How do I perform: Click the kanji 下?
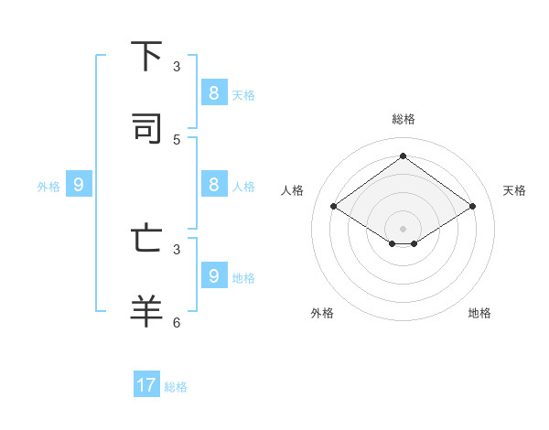tap(147, 56)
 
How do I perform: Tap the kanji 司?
tap(147, 129)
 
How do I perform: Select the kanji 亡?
tap(147, 239)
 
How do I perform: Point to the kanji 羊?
tap(147, 309)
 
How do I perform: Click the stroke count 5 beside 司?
tap(177, 139)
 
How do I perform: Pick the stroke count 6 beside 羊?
tap(177, 322)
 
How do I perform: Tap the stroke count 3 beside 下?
tap(177, 67)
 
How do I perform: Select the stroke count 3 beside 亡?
tap(177, 249)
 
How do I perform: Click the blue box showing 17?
tap(146, 385)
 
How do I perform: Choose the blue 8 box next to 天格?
tap(213, 92)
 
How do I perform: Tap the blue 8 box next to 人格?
tap(213, 184)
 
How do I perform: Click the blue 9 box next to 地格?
tap(213, 275)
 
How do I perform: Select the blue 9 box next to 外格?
tap(79, 184)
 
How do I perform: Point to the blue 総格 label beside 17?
tap(176, 387)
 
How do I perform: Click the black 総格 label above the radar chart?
tap(404, 119)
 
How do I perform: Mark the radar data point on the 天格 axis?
tap(472, 207)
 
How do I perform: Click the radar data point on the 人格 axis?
tap(334, 207)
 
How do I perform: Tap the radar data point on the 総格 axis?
tap(403, 156)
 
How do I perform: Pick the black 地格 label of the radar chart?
tap(479, 313)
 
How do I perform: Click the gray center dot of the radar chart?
tap(403, 228)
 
